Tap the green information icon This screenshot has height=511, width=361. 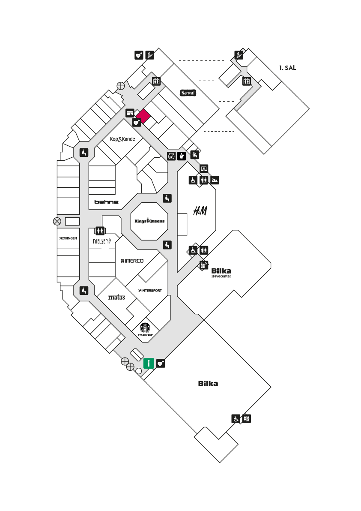149,363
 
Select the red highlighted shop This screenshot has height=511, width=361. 143,116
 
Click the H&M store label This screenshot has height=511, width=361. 200,211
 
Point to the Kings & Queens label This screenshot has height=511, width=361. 149,221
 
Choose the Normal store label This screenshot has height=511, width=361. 188,93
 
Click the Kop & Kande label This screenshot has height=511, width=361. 122,139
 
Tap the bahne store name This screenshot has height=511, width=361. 107,202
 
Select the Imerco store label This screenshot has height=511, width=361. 132,261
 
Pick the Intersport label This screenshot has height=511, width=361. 150,290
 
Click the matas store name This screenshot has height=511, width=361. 116,297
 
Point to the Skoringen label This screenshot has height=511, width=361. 68,238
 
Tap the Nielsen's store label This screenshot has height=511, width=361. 102,241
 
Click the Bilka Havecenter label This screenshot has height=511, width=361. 221,273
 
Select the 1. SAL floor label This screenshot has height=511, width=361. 287,68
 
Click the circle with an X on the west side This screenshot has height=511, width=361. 57,222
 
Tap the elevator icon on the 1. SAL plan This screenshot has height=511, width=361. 246,81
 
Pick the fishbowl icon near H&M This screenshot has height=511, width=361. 171,156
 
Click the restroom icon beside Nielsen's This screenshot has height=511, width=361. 100,231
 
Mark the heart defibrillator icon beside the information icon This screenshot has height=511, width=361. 161,363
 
